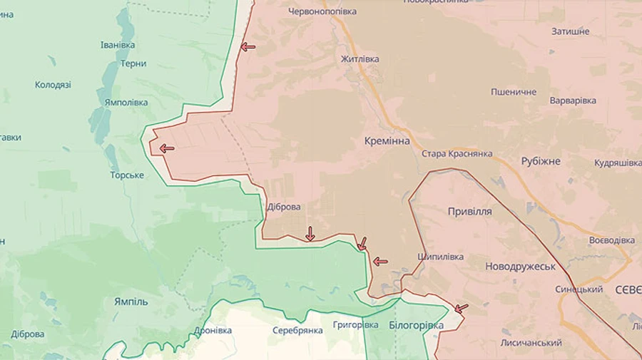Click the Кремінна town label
(x=387, y=141)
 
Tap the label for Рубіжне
(x=540, y=161)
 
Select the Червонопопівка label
(x=322, y=11)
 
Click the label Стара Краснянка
(x=457, y=154)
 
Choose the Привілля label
(x=469, y=212)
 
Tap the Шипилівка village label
(x=440, y=257)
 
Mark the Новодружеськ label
(x=520, y=266)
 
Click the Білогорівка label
(x=416, y=325)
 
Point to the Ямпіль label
(x=131, y=302)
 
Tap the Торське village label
(x=127, y=175)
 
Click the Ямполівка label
(x=126, y=103)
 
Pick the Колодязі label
(x=53, y=85)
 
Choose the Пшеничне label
(x=513, y=93)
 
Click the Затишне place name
(x=570, y=32)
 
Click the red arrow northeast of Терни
(x=248, y=47)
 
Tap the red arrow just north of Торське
(x=167, y=148)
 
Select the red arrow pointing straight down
(x=310, y=233)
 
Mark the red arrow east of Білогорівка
(x=462, y=309)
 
